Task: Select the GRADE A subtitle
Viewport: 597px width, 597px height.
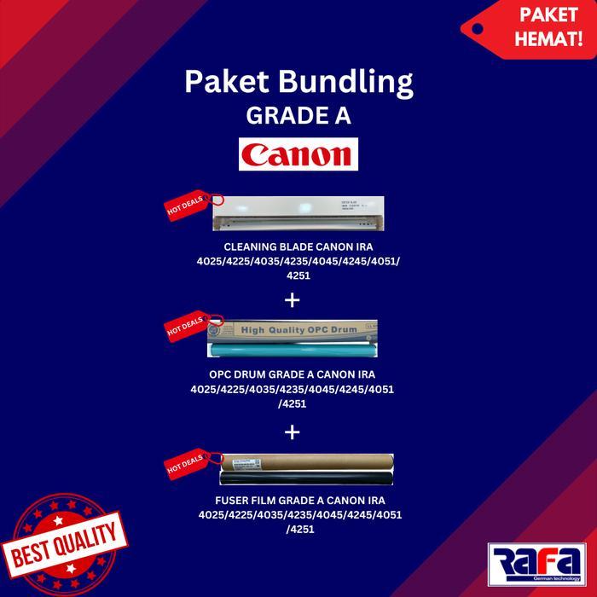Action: click(298, 115)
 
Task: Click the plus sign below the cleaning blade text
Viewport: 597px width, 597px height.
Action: click(293, 299)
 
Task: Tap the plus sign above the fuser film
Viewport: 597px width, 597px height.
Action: click(293, 432)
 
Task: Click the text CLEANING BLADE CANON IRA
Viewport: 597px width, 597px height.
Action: click(298, 245)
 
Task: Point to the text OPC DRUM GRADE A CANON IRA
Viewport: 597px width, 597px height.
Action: click(292, 374)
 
